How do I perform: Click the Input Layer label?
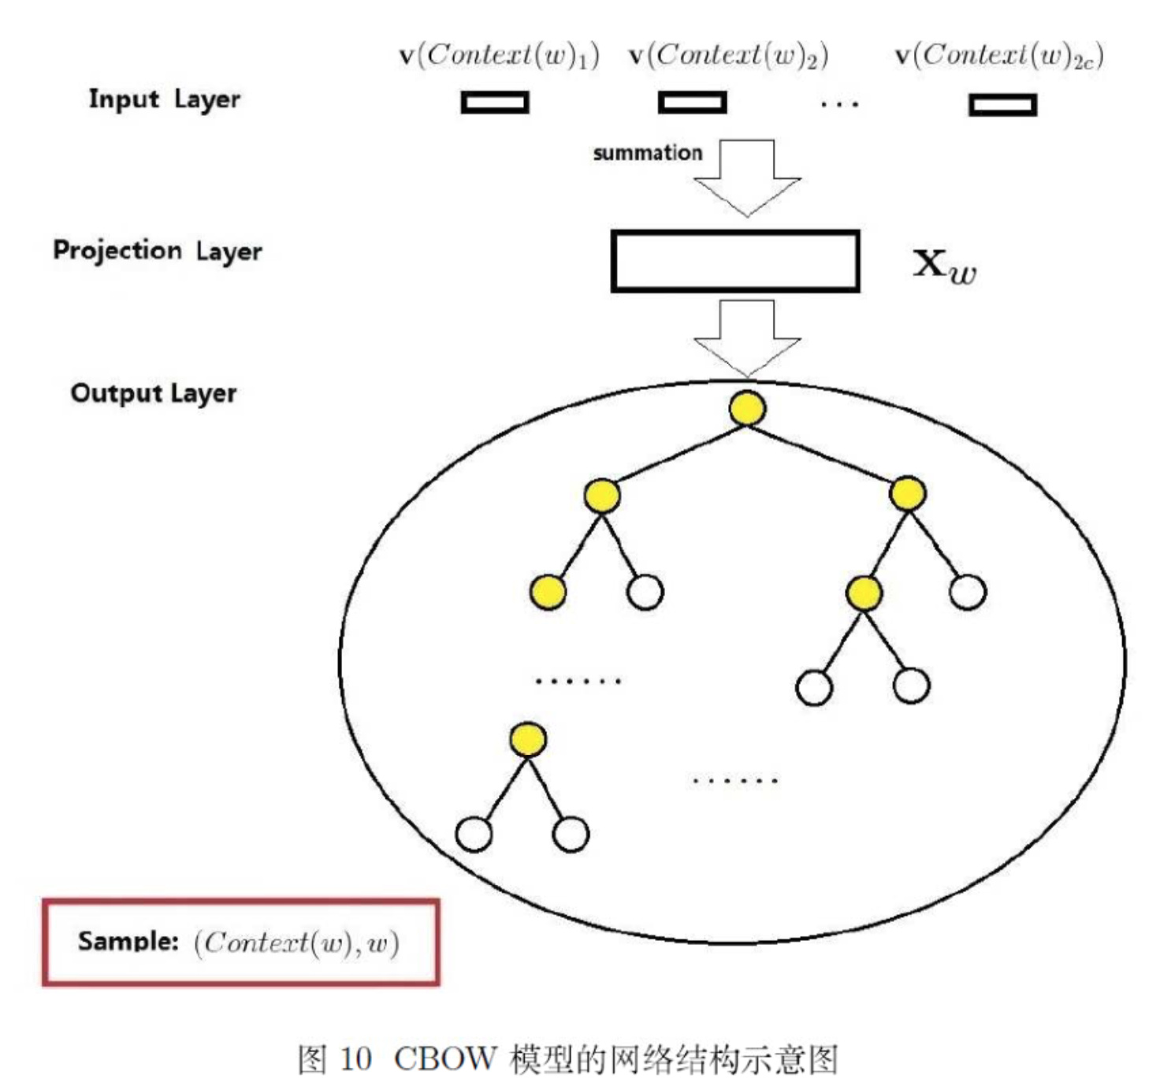tap(164, 100)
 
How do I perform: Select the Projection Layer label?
tap(157, 251)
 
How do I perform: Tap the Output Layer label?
tap(154, 393)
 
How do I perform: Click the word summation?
tap(647, 153)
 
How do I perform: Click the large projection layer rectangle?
tap(734, 262)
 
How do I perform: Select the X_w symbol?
tap(944, 266)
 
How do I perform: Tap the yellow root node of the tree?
tap(747, 408)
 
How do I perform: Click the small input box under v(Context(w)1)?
tap(495, 102)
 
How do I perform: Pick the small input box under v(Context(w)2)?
tap(692, 102)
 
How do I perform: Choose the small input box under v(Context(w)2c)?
tap(1002, 105)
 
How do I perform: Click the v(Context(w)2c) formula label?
tap(998, 56)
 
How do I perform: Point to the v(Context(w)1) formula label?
tap(499, 56)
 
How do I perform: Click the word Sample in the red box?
tap(128, 941)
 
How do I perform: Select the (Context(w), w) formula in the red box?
tap(297, 943)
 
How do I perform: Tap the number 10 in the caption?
tap(355, 1059)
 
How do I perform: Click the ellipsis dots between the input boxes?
tap(839, 104)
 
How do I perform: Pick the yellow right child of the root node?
tap(907, 494)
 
